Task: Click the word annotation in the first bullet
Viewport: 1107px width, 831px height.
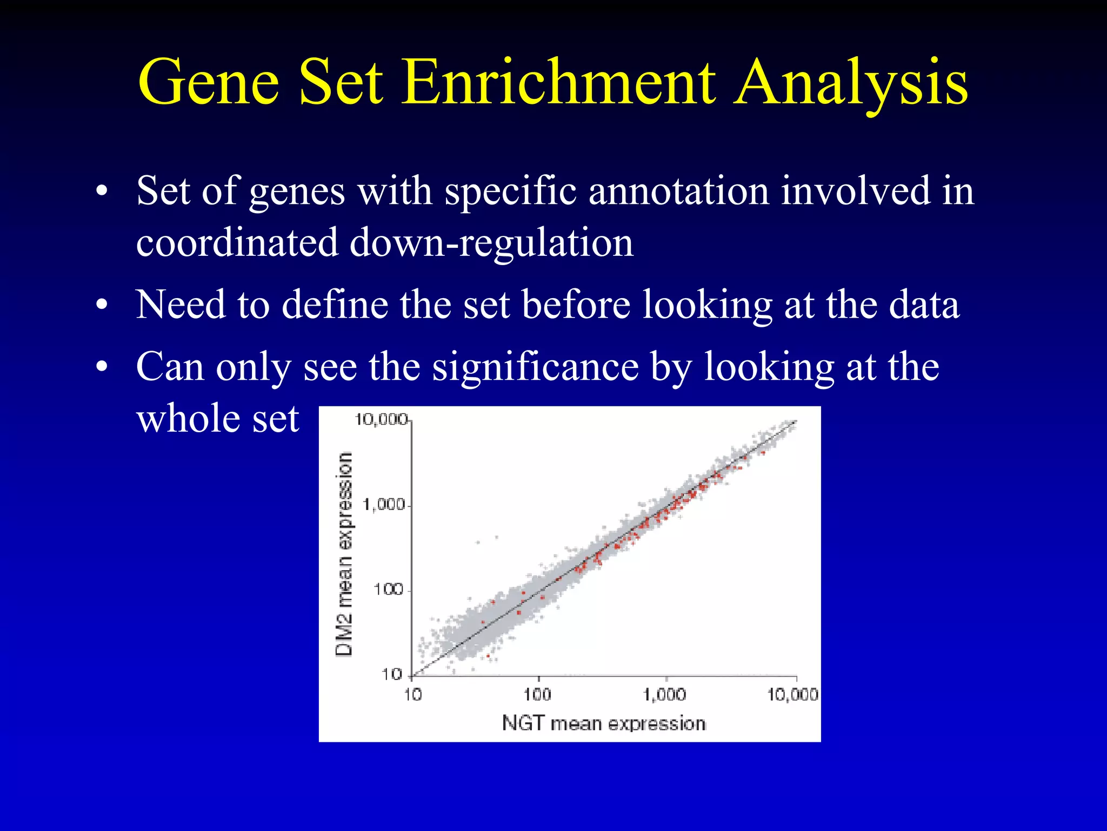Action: pyautogui.click(x=678, y=190)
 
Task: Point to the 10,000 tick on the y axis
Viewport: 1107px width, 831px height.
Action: pyautogui.click(x=381, y=419)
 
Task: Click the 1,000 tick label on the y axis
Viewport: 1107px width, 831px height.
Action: pyautogui.click(x=384, y=505)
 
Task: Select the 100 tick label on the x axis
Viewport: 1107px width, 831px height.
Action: pyautogui.click(x=537, y=695)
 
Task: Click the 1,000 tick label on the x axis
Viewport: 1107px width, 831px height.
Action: pyautogui.click(x=665, y=695)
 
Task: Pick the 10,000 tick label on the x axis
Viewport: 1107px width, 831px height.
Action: pyautogui.click(x=792, y=695)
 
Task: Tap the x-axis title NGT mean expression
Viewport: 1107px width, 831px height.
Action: pyautogui.click(x=604, y=723)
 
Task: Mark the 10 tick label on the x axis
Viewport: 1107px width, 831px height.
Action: pyautogui.click(x=413, y=695)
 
